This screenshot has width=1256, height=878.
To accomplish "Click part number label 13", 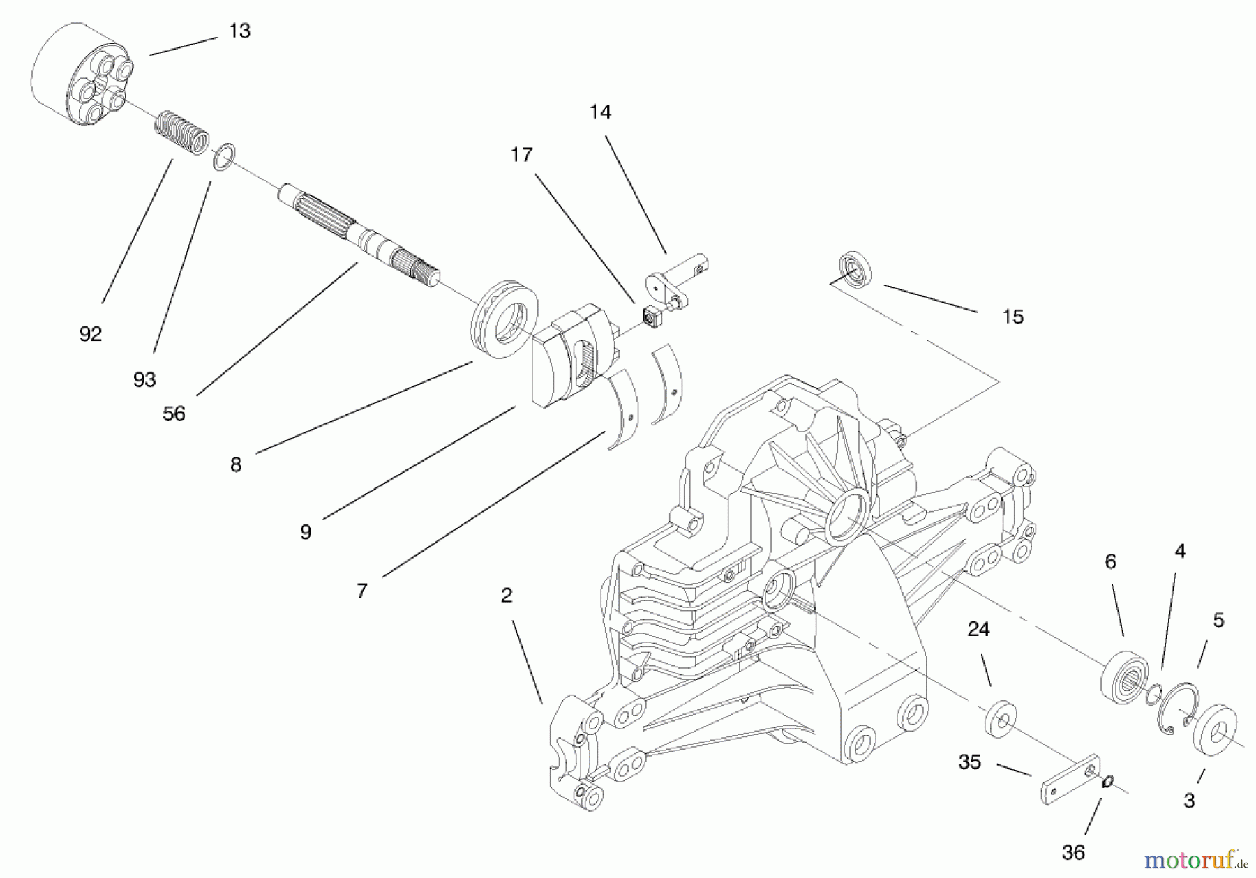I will click(x=239, y=31).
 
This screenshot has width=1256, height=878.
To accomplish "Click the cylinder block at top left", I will click(x=82, y=75).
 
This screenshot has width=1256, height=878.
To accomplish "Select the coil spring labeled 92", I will click(x=181, y=132).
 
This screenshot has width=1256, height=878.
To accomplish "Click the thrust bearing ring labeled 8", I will click(x=504, y=319).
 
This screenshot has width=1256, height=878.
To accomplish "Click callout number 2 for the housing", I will click(x=507, y=595).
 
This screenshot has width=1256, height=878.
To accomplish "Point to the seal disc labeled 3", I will click(x=1215, y=730).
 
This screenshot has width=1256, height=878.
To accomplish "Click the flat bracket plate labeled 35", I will click(x=1070, y=779).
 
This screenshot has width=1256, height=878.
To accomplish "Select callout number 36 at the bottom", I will click(x=1073, y=852).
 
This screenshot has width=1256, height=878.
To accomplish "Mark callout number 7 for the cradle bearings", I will click(x=361, y=591).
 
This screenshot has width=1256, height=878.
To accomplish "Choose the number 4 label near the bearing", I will click(x=1179, y=552).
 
